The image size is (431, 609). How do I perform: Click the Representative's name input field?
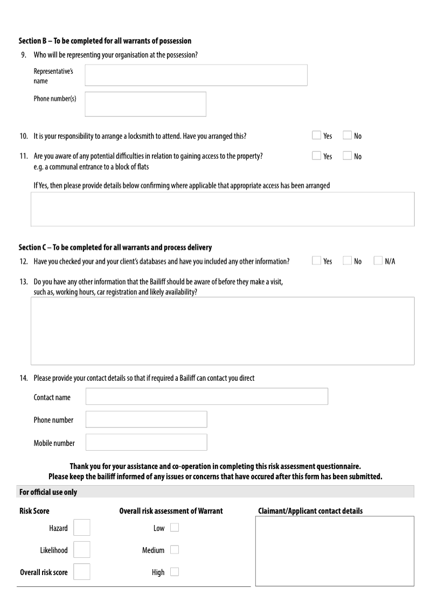point(196,75)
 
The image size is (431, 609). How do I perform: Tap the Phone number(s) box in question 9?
point(145,104)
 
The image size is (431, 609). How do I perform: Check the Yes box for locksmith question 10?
point(317,136)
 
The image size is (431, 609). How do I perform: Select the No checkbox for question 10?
point(347,136)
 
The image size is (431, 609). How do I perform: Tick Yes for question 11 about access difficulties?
point(317,156)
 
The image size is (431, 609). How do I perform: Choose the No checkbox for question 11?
point(347,156)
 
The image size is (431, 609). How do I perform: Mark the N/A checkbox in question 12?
point(378,261)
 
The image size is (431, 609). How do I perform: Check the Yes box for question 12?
point(317,261)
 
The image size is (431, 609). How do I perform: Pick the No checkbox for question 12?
point(347,261)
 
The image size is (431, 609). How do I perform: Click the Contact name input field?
point(207,396)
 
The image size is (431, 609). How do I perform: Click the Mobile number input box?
point(146,442)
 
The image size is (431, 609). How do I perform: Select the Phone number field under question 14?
point(146,419)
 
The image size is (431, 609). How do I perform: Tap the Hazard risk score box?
point(82,528)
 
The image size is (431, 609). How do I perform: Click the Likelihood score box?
point(82,550)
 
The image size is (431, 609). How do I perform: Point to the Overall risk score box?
point(82,571)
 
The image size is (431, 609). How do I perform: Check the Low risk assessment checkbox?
point(175,528)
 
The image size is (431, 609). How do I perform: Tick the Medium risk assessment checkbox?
point(175,550)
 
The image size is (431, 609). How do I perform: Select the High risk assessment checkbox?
point(175,572)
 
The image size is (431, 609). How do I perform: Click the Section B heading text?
point(105,41)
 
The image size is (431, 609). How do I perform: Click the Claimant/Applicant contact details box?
point(335,551)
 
